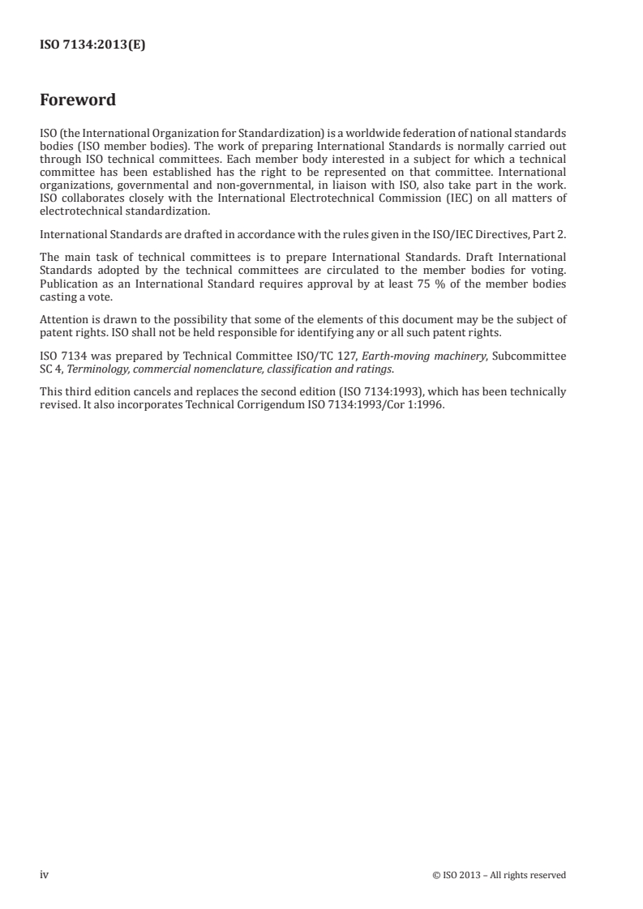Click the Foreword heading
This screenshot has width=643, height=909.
pos(78,100)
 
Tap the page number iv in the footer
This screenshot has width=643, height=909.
pos(45,875)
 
